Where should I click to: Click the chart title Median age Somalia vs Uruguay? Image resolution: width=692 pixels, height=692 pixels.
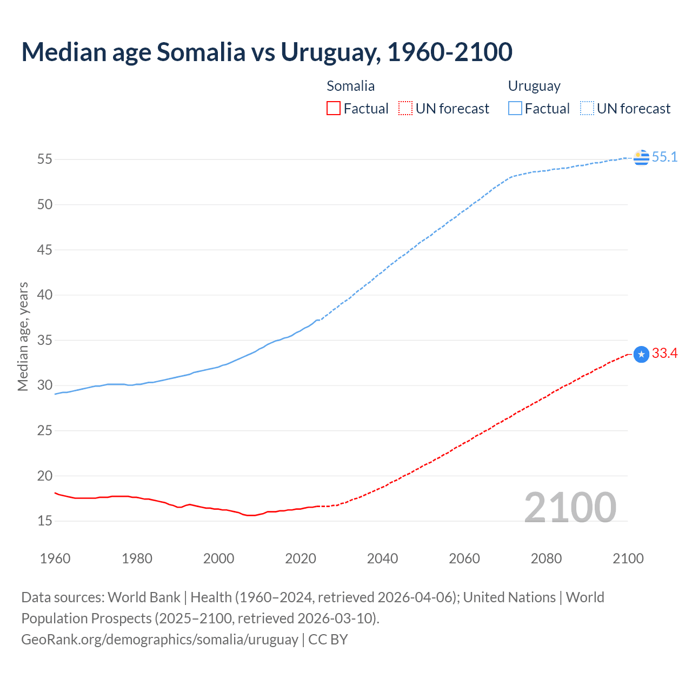267,52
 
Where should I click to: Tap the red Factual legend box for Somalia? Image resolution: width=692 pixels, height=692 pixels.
334,109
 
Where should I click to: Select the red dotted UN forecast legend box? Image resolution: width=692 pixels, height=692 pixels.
405,109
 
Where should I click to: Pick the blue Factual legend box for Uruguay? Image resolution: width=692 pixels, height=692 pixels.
515,109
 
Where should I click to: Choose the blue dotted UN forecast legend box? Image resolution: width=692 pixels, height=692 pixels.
587,109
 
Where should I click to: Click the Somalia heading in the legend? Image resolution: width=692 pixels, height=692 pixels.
350,86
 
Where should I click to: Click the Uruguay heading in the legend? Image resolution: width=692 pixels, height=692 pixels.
534,86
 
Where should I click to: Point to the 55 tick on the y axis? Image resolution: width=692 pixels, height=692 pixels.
45,159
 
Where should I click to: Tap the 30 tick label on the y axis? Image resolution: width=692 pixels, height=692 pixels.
45,385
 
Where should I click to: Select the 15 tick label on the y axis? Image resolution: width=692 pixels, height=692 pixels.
45,521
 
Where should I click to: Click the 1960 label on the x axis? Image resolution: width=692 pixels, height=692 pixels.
55,558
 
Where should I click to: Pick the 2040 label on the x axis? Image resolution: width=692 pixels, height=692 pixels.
382,558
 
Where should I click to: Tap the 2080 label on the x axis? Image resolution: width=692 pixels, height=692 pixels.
546,558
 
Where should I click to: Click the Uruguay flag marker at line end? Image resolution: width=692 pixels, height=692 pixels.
641,157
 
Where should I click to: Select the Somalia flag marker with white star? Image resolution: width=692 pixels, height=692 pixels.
641,354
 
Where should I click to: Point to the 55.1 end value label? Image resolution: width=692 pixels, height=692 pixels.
664,157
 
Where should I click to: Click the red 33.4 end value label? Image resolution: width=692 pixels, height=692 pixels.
664,354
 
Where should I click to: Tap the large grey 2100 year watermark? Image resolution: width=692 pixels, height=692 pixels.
570,508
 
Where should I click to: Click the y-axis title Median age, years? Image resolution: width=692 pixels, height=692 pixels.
23,336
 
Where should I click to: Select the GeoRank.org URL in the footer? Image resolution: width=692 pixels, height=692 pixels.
159,640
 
